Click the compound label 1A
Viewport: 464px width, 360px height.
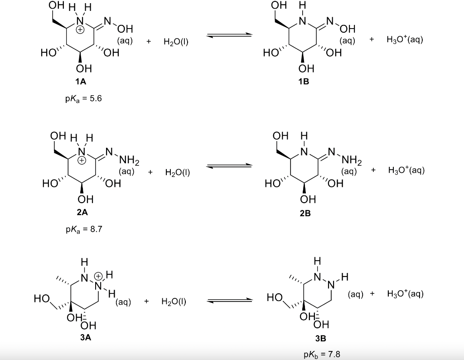click(81, 82)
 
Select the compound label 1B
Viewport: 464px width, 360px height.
click(305, 82)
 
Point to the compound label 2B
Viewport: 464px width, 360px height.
click(305, 212)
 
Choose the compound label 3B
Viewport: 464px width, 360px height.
click(320, 338)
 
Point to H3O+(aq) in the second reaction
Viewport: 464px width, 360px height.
click(406, 170)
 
